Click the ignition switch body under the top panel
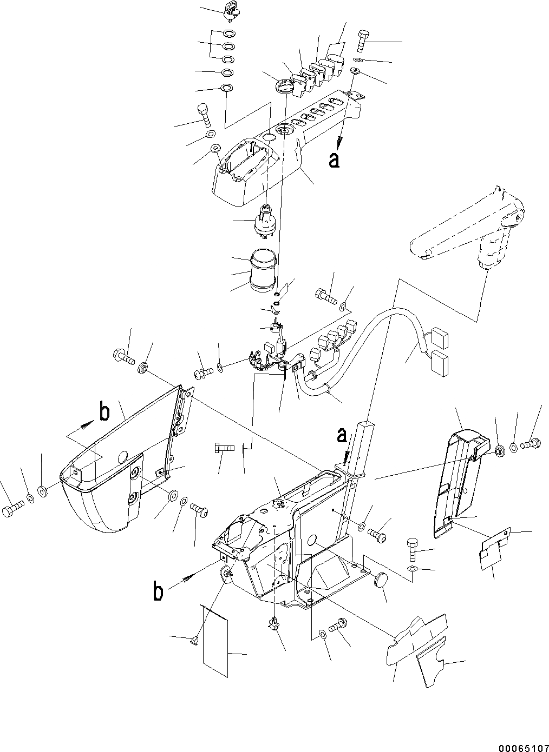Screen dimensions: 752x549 pos(265,221)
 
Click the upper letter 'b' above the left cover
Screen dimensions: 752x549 pos(104,413)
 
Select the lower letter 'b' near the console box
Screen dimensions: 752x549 pos(158,593)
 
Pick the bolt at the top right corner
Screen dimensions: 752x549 pos(363,41)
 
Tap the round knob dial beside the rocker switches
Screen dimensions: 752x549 pos(283,85)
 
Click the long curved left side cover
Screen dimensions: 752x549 pos(108,465)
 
